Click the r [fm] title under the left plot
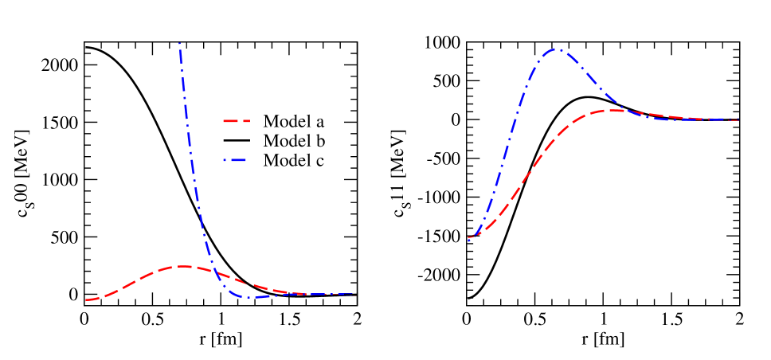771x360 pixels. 221,338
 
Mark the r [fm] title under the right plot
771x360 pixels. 603,338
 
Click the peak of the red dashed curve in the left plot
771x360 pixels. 182,266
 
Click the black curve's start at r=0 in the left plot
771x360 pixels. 85,48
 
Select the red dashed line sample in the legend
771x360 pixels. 236,122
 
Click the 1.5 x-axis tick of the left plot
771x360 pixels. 288,318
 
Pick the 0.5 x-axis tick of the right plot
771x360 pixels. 534,318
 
